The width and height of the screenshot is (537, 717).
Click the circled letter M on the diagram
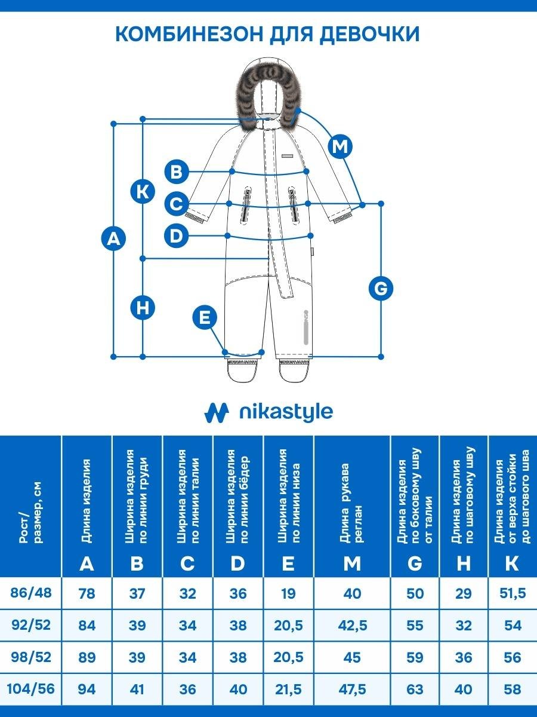[340, 146]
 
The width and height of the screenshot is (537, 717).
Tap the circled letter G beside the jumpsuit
[381, 288]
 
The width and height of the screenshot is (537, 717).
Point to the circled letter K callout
[143, 191]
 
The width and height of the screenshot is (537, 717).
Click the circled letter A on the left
[113, 239]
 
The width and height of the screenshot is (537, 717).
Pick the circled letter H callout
[143, 308]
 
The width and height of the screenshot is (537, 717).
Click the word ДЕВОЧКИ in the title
[369, 35]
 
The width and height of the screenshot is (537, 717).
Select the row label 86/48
[31, 593]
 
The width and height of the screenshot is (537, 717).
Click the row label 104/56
[30, 688]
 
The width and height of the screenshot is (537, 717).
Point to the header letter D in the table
[237, 563]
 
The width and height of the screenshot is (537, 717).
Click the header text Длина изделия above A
[87, 501]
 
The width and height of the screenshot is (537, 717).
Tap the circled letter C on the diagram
[177, 204]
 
